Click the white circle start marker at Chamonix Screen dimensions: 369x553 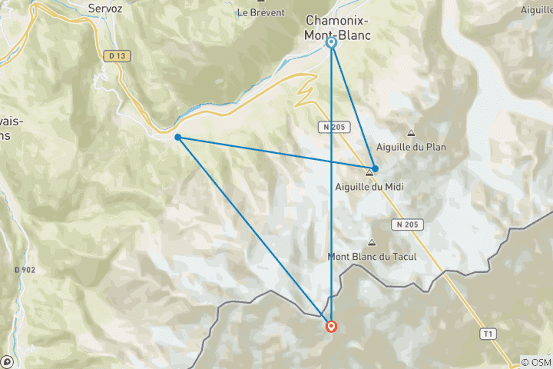tap(332, 43)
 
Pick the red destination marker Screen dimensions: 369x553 tap(331, 326)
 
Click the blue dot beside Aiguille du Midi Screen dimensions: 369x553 tap(375, 168)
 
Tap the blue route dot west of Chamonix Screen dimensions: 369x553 tap(177, 138)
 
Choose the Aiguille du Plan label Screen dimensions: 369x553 tap(412, 147)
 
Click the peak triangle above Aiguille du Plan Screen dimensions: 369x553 tap(411, 132)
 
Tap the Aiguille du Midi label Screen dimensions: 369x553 tap(370, 186)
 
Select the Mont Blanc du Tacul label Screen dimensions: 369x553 tap(373, 257)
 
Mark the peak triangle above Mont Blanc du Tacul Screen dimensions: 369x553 tap(373, 242)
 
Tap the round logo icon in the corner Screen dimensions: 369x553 tap(7, 361)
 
